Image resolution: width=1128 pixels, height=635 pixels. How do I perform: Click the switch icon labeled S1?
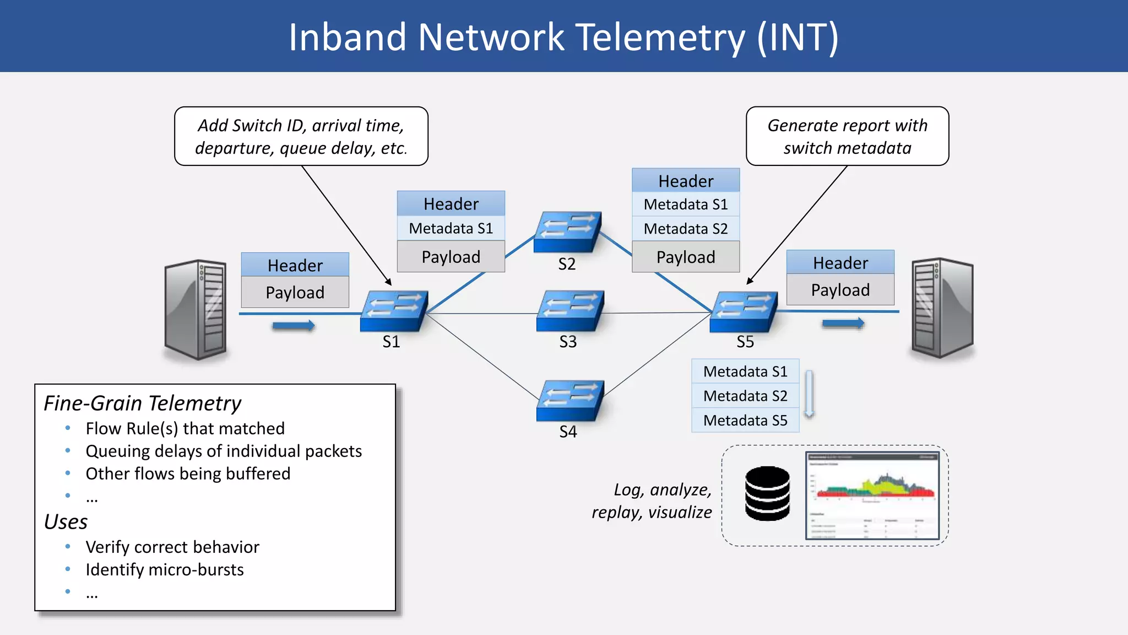[394, 311]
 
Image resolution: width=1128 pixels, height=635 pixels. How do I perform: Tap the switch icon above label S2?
[567, 232]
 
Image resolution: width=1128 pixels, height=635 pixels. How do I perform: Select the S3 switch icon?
[570, 311]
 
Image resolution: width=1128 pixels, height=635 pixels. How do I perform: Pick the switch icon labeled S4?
[570, 401]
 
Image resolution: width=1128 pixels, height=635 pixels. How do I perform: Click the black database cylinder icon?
[767, 493]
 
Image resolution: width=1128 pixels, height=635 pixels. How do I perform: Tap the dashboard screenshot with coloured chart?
[872, 495]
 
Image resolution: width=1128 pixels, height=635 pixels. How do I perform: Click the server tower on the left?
[196, 309]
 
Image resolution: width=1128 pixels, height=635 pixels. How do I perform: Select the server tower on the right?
[942, 308]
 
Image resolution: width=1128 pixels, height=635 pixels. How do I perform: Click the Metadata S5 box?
[745, 421]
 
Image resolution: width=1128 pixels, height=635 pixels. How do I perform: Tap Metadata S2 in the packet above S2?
[686, 229]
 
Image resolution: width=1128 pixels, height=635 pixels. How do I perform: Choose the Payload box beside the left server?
[295, 293]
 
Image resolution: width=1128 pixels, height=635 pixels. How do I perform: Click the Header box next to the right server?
[840, 263]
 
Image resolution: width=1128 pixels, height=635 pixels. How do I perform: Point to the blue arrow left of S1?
[294, 326]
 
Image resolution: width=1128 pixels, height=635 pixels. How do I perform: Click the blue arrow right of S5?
[843, 324]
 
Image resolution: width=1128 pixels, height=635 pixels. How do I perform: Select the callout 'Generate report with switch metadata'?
[847, 137]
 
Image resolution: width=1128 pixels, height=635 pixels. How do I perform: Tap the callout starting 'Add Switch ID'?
[301, 137]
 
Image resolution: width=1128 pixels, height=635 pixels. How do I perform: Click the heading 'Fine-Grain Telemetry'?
[143, 403]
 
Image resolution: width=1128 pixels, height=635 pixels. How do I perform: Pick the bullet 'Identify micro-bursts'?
[165, 569]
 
